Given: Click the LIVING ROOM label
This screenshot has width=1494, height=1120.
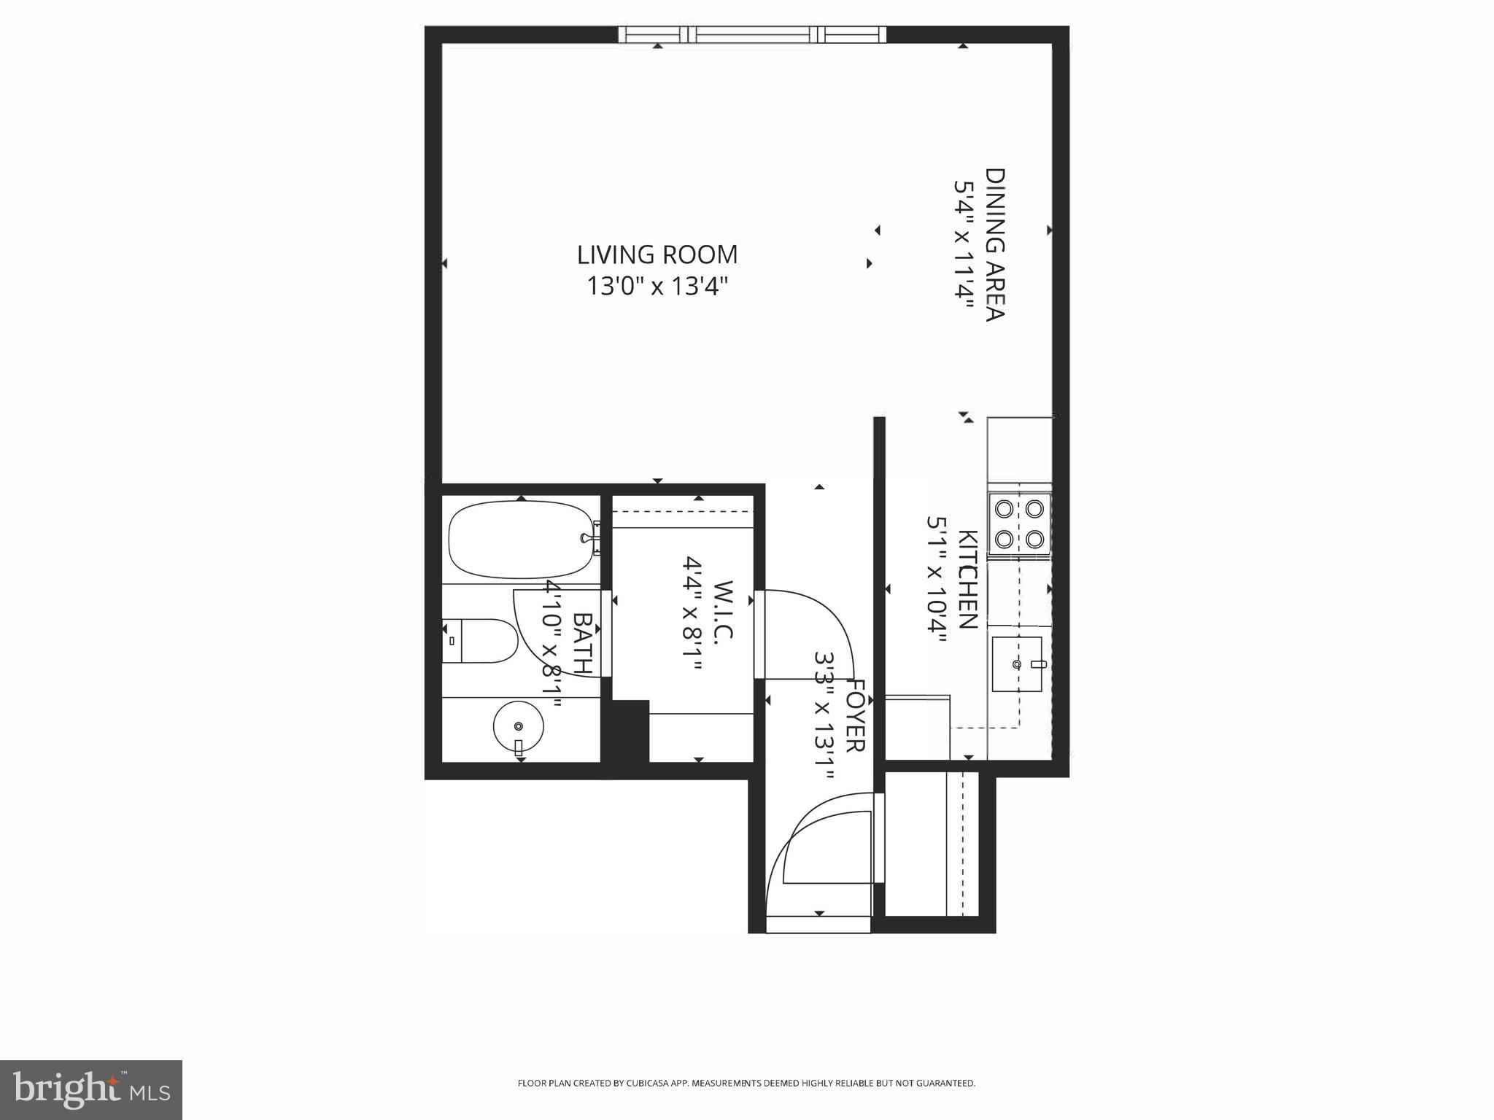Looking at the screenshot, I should tap(657, 255).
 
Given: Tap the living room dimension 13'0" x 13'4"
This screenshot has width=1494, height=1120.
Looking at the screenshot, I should tap(658, 287).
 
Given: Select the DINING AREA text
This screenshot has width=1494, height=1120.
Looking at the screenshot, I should tap(996, 244).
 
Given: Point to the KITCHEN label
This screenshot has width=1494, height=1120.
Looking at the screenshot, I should tap(967, 580).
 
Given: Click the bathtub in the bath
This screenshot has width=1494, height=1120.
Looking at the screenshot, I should tap(520, 540).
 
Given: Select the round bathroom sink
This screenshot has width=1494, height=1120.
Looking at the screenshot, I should tap(519, 726).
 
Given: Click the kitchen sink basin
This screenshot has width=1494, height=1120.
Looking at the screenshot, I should tap(1016, 664).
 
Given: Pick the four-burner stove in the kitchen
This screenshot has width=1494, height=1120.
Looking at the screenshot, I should tap(1019, 524).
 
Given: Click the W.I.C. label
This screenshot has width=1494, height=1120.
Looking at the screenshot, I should tap(723, 611).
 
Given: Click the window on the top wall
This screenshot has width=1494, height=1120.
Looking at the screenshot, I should tap(752, 34).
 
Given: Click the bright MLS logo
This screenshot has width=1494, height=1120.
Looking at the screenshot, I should tap(91, 1090).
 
